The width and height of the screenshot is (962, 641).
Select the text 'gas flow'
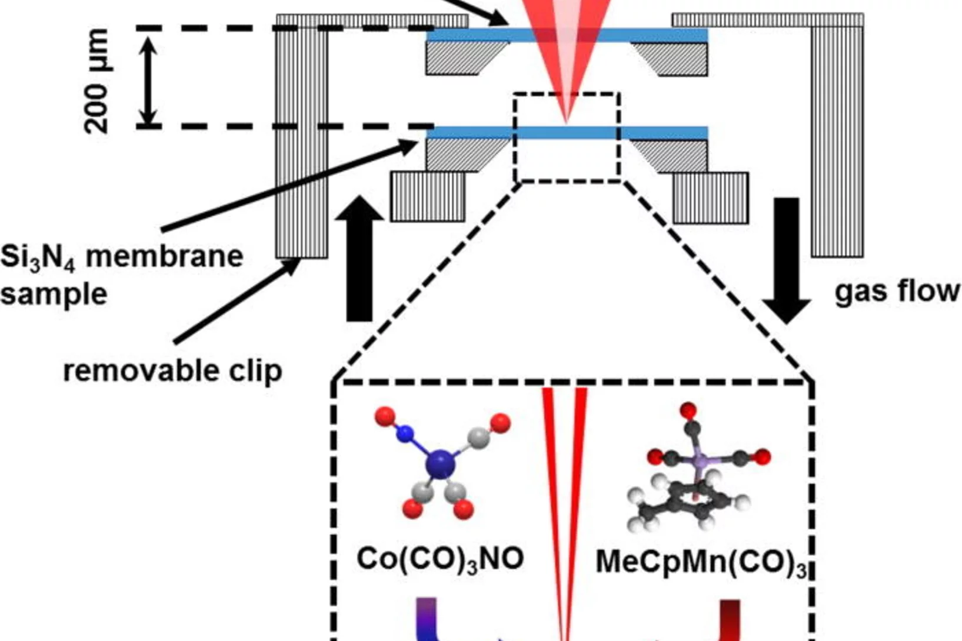(x=896, y=292)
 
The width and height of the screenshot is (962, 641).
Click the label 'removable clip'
(x=172, y=371)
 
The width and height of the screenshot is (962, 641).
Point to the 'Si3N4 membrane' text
(x=122, y=257)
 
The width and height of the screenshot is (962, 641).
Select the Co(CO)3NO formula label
(x=440, y=558)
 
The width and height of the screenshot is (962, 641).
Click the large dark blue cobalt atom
(x=441, y=464)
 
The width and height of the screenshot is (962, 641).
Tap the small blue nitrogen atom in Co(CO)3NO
(x=405, y=434)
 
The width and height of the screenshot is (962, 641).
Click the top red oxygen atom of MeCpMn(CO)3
(x=688, y=410)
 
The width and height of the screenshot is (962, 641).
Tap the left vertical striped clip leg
(x=302, y=141)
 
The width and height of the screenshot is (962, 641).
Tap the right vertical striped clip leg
(x=837, y=141)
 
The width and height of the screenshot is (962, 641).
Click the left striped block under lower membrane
(x=428, y=196)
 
